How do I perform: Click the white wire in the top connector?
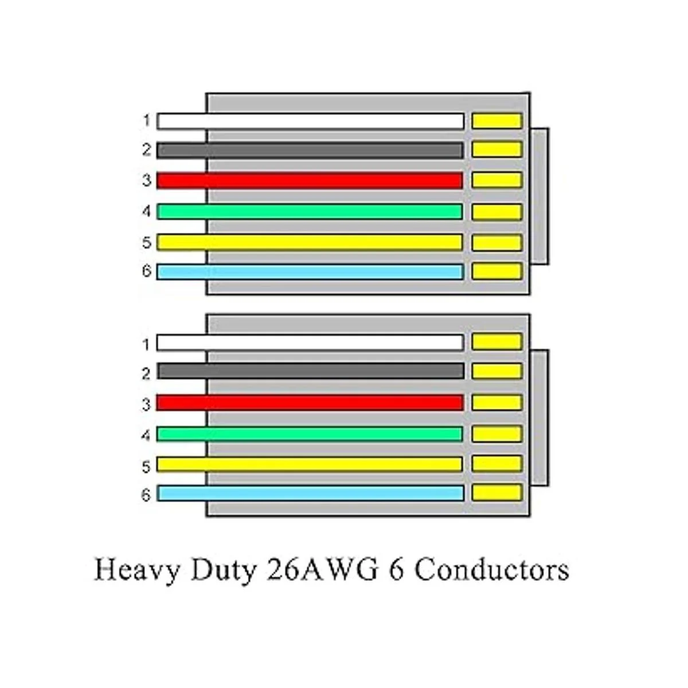(x=310, y=121)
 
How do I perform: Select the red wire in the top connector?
(x=310, y=181)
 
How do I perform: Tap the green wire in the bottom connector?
(x=310, y=434)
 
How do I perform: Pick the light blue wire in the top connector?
(x=310, y=272)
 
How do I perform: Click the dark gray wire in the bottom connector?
(x=310, y=371)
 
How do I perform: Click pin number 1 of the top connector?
(x=147, y=121)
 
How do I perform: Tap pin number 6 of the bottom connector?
(x=147, y=494)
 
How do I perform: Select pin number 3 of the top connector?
(x=147, y=181)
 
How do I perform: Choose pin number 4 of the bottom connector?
(x=147, y=436)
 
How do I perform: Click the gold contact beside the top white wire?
(x=497, y=121)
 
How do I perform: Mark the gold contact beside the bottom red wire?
(x=497, y=402)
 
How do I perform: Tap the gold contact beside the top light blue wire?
(x=497, y=271)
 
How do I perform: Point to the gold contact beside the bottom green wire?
(x=497, y=433)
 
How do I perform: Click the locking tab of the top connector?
(x=540, y=196)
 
